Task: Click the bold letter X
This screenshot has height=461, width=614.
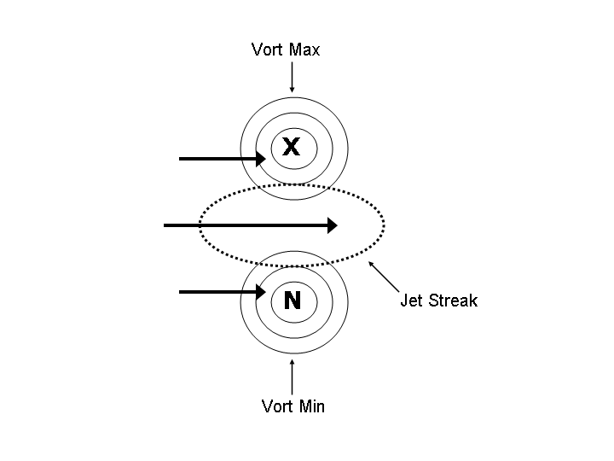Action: [x=292, y=148]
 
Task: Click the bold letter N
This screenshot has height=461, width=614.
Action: [x=293, y=300]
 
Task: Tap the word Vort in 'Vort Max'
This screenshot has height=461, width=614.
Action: [x=268, y=50]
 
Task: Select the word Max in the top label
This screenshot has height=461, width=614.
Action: [x=304, y=50]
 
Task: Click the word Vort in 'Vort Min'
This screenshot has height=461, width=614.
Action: [x=278, y=406]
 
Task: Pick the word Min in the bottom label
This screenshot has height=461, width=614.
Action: [x=311, y=406]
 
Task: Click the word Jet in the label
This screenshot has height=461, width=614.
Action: [x=411, y=301]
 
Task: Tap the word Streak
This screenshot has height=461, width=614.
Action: [x=453, y=301]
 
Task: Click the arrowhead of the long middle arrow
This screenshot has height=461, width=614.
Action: [x=333, y=225]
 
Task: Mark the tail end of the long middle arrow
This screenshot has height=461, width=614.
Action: [x=165, y=225]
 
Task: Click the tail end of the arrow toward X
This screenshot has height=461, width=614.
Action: [x=180, y=159]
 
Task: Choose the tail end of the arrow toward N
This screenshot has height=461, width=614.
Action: [x=180, y=292]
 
